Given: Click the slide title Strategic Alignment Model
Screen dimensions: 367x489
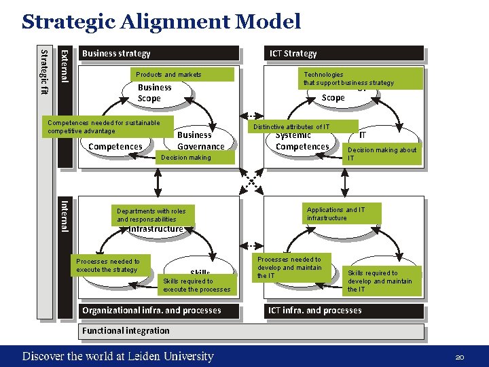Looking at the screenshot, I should pyautogui.click(x=161, y=22).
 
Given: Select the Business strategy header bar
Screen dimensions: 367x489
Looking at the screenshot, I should pyautogui.click(x=159, y=54).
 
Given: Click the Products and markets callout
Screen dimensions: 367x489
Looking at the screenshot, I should pyautogui.click(x=168, y=74).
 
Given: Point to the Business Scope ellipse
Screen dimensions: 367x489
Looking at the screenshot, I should pyautogui.click(x=155, y=94).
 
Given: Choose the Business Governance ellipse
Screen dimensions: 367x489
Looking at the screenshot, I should pyautogui.click(x=200, y=141).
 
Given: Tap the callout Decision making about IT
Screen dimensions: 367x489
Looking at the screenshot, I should pyautogui.click(x=382, y=154).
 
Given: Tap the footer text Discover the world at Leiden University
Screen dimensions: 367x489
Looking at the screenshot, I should pyautogui.click(x=117, y=356).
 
